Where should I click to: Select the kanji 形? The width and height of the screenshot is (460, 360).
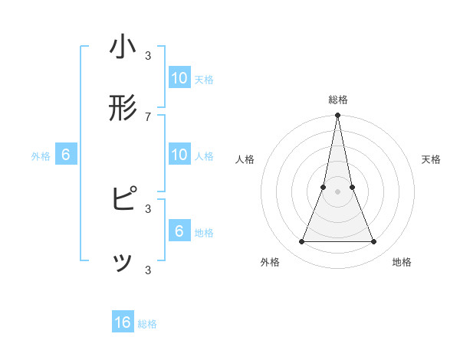coord(123,108)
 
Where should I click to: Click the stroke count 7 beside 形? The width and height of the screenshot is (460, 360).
coord(148,116)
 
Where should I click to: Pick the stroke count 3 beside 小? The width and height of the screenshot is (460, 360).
coord(148,55)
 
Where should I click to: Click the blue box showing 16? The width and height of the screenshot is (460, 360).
coord(123,323)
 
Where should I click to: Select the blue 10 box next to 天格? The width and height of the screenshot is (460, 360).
coord(179,78)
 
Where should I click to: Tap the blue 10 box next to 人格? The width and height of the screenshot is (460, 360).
coord(179,155)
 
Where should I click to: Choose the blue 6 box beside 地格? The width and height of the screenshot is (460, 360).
coord(179,231)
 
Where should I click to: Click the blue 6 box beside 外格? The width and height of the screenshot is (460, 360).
coord(66,155)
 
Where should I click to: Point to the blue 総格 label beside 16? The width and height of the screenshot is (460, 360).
coord(147,324)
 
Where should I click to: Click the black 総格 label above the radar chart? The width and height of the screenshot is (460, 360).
coord(338,100)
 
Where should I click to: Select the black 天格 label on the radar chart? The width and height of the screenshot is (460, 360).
coord(431,159)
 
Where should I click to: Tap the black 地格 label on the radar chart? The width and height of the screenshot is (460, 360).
coord(402,262)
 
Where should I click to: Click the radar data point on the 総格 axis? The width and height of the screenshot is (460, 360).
coord(338,116)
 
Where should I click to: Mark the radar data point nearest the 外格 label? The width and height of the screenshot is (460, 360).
coord(301,242)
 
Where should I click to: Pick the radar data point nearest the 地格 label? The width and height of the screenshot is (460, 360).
coord(374,242)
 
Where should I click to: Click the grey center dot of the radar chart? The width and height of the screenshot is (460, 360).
coord(338,191)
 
